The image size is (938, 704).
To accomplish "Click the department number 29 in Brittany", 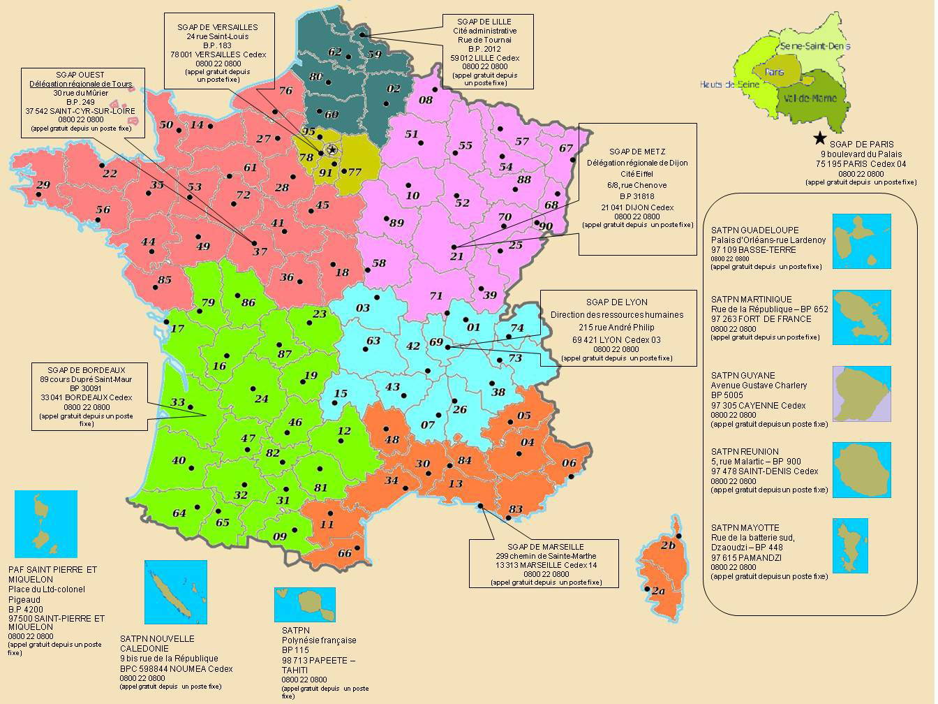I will tap(43, 185).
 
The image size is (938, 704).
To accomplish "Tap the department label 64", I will tap(179, 513).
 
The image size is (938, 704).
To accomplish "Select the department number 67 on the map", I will tap(566, 149).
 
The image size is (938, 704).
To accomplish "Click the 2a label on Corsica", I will tap(658, 591).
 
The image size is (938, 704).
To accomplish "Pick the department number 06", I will tap(569, 463).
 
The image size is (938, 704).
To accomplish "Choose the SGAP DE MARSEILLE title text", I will tap(536, 546).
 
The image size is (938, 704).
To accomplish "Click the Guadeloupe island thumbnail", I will tap(862, 242).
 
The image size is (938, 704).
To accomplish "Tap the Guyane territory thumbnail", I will tap(862, 394).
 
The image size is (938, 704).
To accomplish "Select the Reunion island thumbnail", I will tap(862, 469).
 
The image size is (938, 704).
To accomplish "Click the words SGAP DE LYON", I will tap(616, 302).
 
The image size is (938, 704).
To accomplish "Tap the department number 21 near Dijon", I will tap(457, 256).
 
